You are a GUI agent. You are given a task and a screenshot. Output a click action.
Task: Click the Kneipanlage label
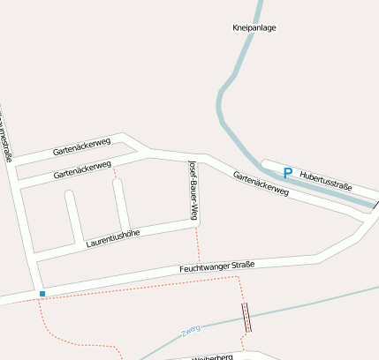(x=254, y=28)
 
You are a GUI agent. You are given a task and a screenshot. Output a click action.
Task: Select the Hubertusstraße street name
(x=327, y=181)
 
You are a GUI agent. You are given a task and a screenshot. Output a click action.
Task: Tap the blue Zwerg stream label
(x=190, y=329)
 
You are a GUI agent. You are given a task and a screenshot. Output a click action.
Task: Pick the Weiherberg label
(x=212, y=356)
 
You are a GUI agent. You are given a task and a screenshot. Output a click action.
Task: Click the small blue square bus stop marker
(x=42, y=292)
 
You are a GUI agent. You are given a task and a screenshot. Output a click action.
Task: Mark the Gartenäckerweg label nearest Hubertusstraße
(x=262, y=183)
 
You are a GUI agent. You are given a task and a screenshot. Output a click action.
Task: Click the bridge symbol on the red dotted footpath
(x=246, y=316)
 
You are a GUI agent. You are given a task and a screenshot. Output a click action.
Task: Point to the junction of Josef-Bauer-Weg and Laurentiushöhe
(x=195, y=225)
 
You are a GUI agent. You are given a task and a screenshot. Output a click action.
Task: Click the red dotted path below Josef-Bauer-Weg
(x=198, y=247)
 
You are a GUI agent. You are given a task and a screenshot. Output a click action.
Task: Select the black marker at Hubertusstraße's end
(x=375, y=205)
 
